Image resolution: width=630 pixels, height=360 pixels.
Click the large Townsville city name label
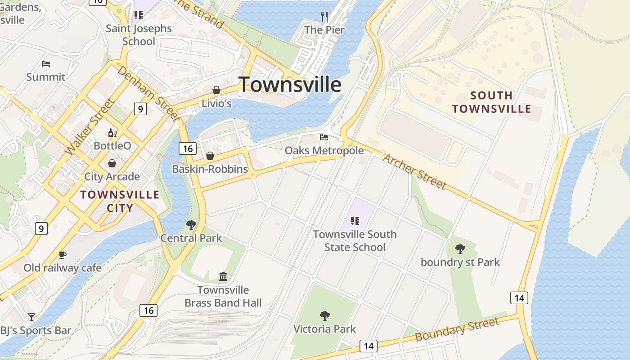click(290, 84)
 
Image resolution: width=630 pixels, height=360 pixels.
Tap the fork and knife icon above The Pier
click(324, 17)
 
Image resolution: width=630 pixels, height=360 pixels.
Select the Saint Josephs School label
click(139, 35)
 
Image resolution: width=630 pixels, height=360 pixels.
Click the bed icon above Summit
click(45, 64)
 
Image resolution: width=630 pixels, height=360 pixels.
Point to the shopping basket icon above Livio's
click(216, 90)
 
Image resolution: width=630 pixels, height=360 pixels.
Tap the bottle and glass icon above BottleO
click(112, 133)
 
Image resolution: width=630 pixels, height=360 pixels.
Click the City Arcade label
click(112, 176)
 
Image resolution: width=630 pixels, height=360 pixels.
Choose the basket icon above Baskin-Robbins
click(210, 156)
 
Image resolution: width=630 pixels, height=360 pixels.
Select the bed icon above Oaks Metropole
click(324, 137)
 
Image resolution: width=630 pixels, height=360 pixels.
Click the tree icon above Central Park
click(191, 225)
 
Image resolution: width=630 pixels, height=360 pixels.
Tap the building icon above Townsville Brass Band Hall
click(223, 276)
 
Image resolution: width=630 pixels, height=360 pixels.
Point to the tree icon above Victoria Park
click(324, 315)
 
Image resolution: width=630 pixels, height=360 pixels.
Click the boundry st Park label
click(460, 262)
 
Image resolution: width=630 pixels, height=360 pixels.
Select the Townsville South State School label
click(355, 241)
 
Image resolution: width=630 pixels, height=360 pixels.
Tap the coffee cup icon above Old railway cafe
click(63, 255)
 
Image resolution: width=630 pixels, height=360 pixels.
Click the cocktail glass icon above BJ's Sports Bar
click(31, 317)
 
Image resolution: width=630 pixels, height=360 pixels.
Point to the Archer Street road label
click(414, 171)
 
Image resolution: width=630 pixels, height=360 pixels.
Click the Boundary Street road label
click(457, 329)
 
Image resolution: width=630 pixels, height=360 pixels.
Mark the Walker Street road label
click(89, 127)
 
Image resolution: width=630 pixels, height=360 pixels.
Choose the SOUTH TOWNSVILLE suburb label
click(491, 102)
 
